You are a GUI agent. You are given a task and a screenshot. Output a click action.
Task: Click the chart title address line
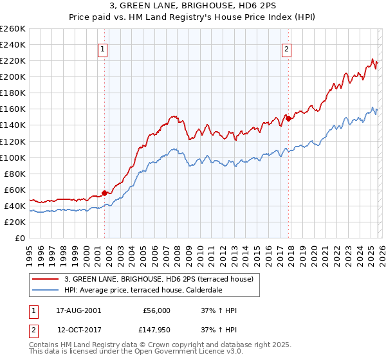(193, 6)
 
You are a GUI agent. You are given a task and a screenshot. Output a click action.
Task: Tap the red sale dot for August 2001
(104, 192)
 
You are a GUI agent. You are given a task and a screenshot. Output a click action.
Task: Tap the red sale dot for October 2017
(288, 118)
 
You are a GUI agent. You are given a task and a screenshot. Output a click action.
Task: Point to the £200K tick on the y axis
(13, 76)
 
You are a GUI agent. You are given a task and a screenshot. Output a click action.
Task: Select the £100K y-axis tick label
(13, 157)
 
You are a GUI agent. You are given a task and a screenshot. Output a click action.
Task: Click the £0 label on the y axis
(21, 238)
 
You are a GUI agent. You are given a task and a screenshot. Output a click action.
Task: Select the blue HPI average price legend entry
(143, 291)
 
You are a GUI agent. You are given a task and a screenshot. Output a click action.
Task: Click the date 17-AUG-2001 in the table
(78, 310)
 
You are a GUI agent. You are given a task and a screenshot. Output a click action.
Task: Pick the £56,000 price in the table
(156, 310)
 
